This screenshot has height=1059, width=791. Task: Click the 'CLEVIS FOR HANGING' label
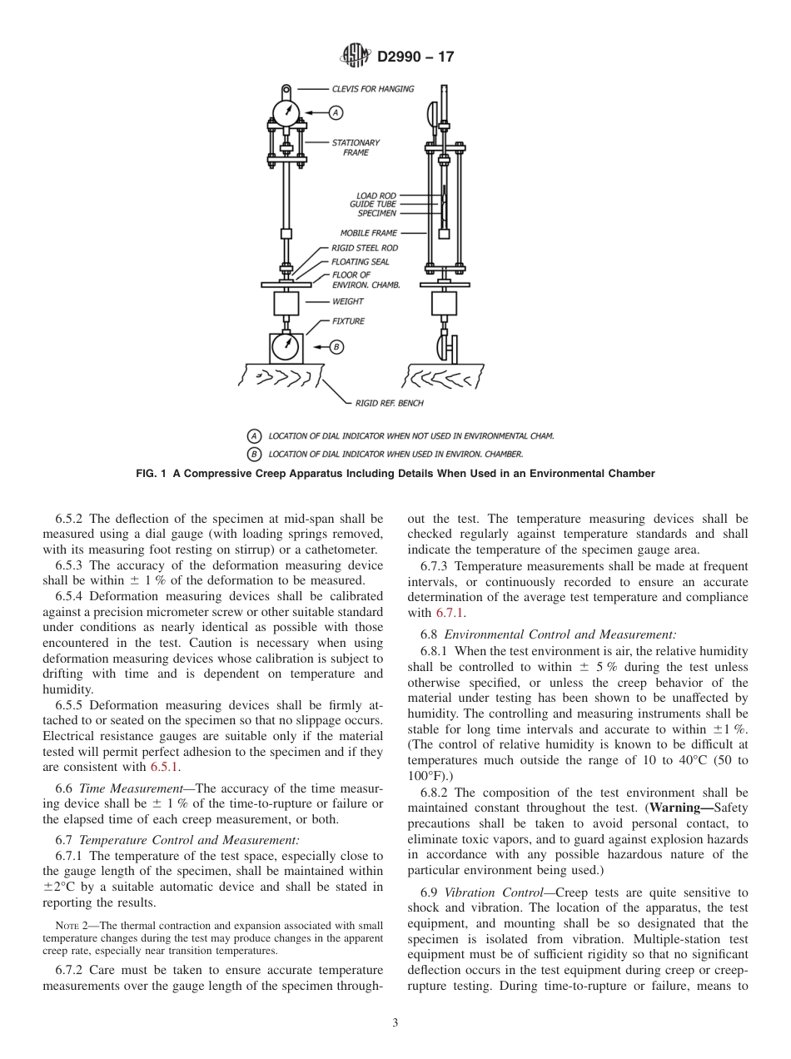click(x=372, y=89)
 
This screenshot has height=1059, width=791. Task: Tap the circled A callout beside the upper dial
click(x=336, y=112)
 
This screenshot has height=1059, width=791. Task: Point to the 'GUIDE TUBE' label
click(x=373, y=205)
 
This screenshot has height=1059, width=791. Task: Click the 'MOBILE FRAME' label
click(x=368, y=233)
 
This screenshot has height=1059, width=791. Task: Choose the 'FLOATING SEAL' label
click(x=360, y=261)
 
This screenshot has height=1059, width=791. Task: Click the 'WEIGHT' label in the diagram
click(x=347, y=301)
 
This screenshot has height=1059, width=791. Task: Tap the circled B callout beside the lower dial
click(x=336, y=346)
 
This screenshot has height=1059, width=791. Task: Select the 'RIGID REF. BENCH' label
click(x=389, y=403)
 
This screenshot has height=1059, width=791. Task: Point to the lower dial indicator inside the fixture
click(x=286, y=346)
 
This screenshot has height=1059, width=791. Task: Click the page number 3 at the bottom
click(x=395, y=1023)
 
